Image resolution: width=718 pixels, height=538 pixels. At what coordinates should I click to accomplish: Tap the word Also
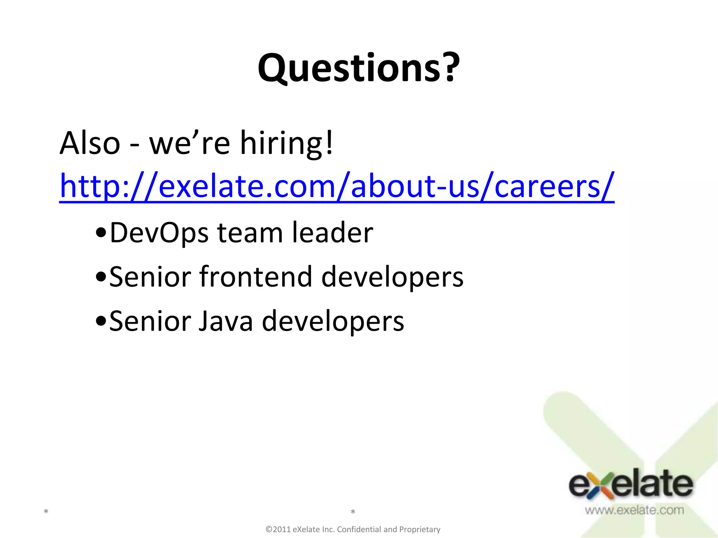point(90,144)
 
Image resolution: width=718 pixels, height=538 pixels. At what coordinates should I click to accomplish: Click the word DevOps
point(159,233)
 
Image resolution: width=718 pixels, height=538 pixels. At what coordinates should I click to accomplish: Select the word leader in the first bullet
point(332,233)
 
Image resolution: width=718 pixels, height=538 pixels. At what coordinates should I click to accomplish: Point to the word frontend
point(256,277)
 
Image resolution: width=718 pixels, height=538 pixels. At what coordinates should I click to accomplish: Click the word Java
point(225,321)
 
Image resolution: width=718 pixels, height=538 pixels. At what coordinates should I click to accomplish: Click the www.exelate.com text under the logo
point(634,510)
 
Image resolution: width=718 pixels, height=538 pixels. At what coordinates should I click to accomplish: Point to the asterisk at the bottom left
point(46,512)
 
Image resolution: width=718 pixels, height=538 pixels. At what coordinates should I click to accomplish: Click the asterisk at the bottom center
point(353,512)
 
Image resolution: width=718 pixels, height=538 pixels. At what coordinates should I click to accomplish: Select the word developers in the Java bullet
point(333,321)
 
